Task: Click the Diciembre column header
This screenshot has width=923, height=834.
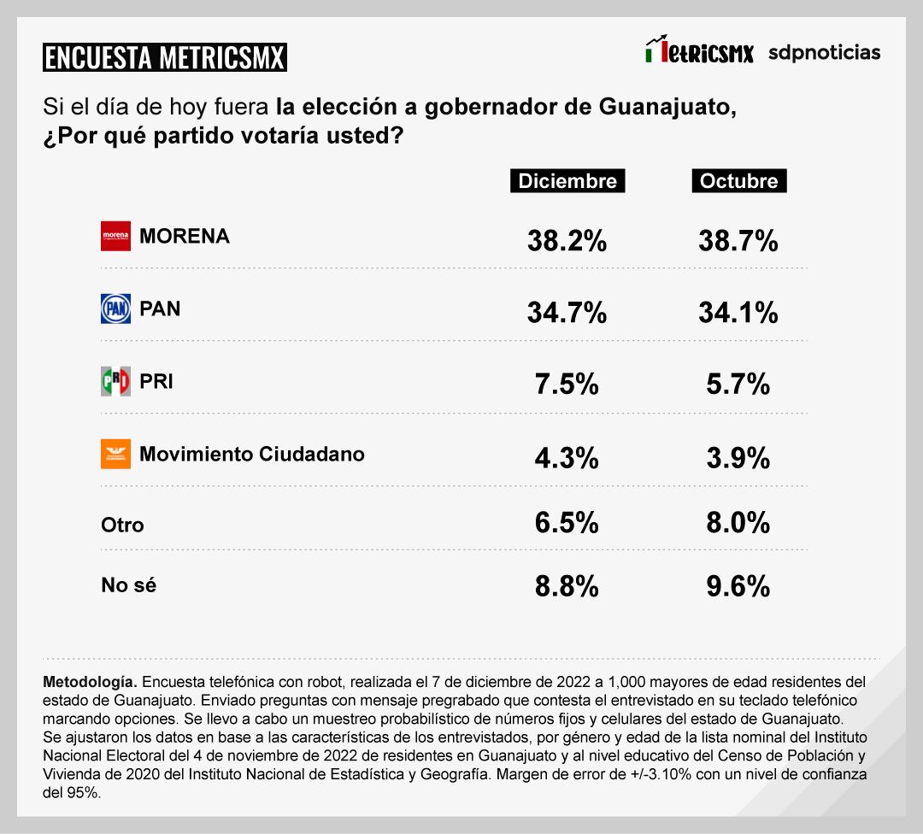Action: tap(567, 181)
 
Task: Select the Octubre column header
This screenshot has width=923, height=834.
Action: tap(738, 181)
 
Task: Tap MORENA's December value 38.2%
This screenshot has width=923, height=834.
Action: tap(567, 241)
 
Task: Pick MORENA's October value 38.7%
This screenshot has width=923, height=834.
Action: tap(738, 241)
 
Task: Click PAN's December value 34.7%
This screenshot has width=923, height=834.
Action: tap(567, 313)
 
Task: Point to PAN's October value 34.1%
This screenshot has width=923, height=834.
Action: tap(738, 313)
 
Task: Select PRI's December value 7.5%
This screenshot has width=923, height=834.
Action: tap(567, 385)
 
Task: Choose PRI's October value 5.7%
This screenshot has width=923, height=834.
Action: tap(738, 385)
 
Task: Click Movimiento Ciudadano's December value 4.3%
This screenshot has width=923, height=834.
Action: tap(567, 458)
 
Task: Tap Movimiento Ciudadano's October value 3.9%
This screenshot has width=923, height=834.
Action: tap(738, 458)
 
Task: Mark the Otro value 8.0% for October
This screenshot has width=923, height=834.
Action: tap(738, 522)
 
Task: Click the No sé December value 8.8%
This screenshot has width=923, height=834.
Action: tap(567, 586)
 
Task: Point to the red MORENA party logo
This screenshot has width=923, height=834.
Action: tap(115, 236)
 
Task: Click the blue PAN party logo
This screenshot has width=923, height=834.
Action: tap(115, 308)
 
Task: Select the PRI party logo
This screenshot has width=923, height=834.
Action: tap(115, 381)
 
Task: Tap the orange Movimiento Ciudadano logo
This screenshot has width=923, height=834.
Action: tap(115, 454)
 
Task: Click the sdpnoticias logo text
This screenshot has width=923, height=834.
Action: tap(824, 52)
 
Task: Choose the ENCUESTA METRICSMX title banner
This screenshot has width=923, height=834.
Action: tap(164, 57)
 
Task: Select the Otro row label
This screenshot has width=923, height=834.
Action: tap(122, 525)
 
